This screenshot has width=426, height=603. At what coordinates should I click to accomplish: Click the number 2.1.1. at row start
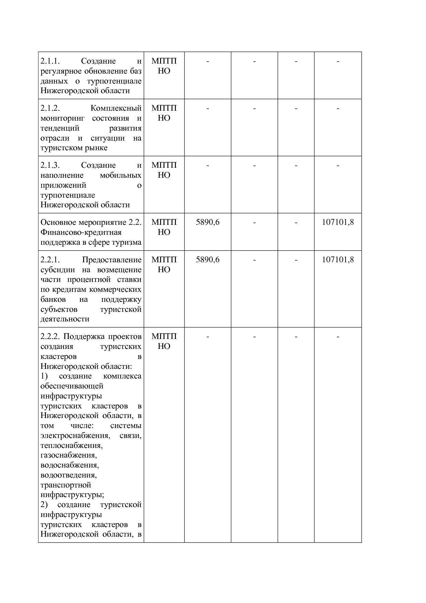(50, 61)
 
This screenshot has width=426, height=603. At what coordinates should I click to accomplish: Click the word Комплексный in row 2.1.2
(116, 108)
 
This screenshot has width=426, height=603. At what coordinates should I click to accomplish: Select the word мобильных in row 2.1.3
(120, 175)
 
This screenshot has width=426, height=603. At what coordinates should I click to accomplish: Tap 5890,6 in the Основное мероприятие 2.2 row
(208, 222)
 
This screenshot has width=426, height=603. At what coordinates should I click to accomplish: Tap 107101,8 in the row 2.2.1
(337, 260)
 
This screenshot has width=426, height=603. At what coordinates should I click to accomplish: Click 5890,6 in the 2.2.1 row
(208, 260)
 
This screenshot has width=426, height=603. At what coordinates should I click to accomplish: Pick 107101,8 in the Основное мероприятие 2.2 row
(337, 222)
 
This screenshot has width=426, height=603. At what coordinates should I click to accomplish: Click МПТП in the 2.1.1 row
(164, 61)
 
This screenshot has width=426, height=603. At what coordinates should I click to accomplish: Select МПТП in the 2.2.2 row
(164, 336)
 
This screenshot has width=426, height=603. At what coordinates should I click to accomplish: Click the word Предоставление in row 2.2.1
(112, 260)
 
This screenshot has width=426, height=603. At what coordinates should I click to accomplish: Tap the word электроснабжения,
(75, 436)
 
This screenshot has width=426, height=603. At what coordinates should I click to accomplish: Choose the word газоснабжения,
(68, 456)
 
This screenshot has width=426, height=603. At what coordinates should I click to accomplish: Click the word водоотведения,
(68, 475)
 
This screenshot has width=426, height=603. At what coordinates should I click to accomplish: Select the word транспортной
(66, 485)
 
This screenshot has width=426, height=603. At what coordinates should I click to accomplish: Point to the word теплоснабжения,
(71, 446)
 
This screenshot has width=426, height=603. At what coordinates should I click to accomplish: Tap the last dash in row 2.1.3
(337, 165)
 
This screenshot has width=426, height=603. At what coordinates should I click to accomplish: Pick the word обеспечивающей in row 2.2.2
(72, 386)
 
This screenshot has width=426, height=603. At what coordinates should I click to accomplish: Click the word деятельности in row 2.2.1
(65, 319)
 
